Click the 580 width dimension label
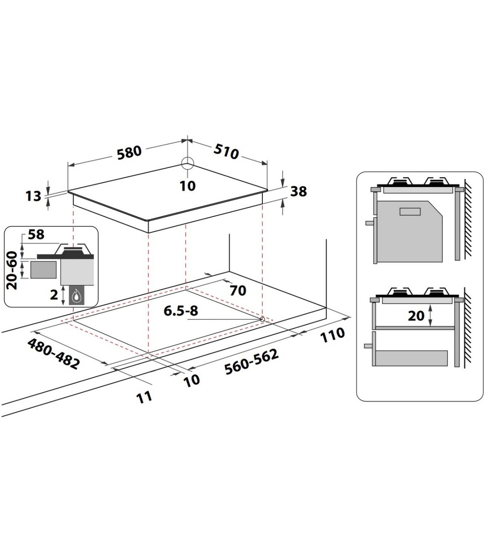129,152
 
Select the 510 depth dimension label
226,152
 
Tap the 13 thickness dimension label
33,196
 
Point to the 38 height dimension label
298,191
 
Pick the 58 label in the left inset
36,235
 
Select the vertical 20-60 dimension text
12,271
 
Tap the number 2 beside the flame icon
54,295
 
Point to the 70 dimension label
238,291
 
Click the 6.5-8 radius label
181,311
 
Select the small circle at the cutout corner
262,319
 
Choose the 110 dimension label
333,335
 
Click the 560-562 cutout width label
252,362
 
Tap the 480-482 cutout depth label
53,353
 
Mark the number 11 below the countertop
144,398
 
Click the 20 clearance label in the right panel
416,316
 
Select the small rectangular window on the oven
410,212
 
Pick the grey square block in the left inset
43,270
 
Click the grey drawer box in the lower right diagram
411,358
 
